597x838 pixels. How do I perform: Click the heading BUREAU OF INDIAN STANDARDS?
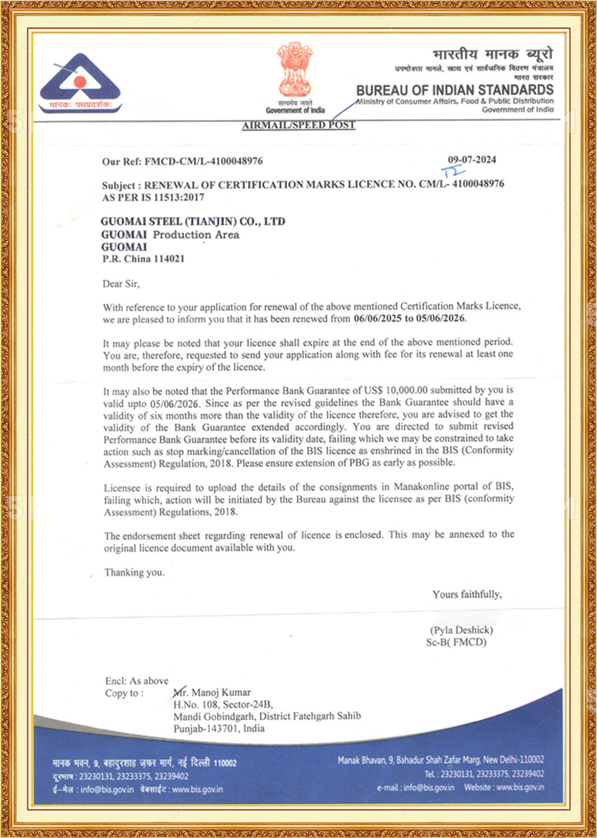point(455,90)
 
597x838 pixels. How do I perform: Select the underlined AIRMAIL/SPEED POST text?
point(299,125)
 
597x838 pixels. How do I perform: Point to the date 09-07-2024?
point(472,160)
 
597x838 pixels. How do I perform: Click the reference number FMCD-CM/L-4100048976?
point(204,161)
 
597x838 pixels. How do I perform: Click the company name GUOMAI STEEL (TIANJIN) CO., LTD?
point(193,222)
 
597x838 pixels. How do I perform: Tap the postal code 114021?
point(169,259)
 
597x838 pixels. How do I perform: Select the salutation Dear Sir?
point(121,283)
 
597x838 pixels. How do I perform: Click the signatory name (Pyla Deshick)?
point(461,630)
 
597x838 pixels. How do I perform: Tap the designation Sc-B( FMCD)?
point(456,642)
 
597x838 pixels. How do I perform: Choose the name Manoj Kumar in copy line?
point(221,692)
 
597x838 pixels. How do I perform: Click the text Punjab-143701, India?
point(219,728)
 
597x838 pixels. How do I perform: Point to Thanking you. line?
point(135,572)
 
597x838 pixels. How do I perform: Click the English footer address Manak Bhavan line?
point(441,760)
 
